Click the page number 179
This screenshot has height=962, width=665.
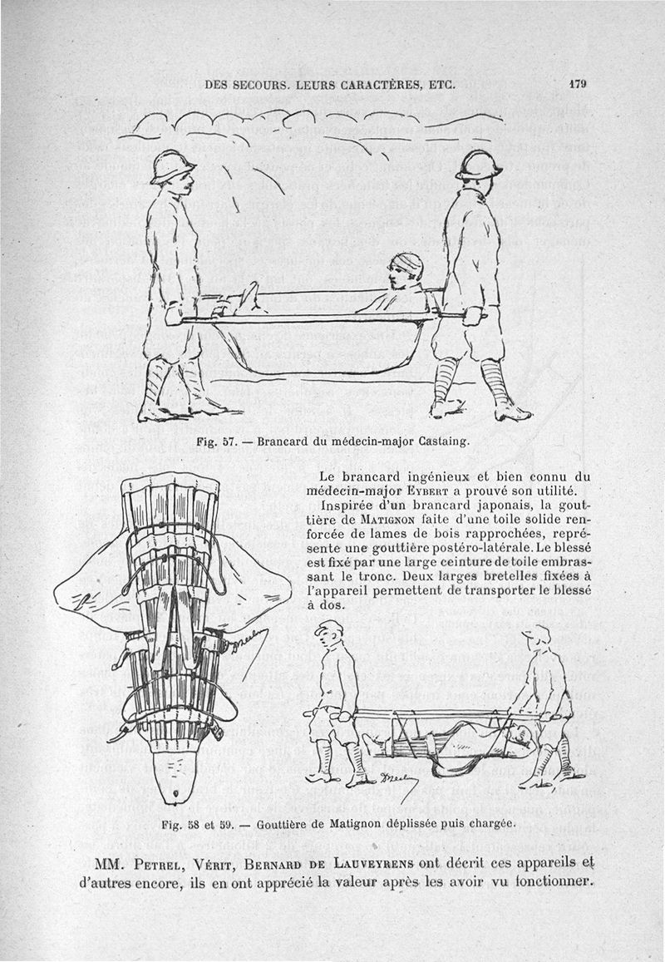point(579,83)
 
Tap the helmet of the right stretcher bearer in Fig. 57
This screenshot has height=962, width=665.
point(480,164)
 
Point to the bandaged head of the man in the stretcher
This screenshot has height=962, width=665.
point(408,264)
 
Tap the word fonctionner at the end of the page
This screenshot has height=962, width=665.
point(545,881)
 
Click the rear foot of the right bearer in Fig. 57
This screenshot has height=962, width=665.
point(446,408)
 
